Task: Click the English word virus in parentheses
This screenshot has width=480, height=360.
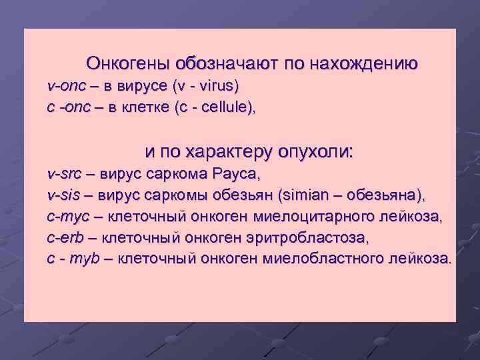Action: tap(213, 87)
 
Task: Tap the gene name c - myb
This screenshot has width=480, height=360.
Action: tap(72, 258)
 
